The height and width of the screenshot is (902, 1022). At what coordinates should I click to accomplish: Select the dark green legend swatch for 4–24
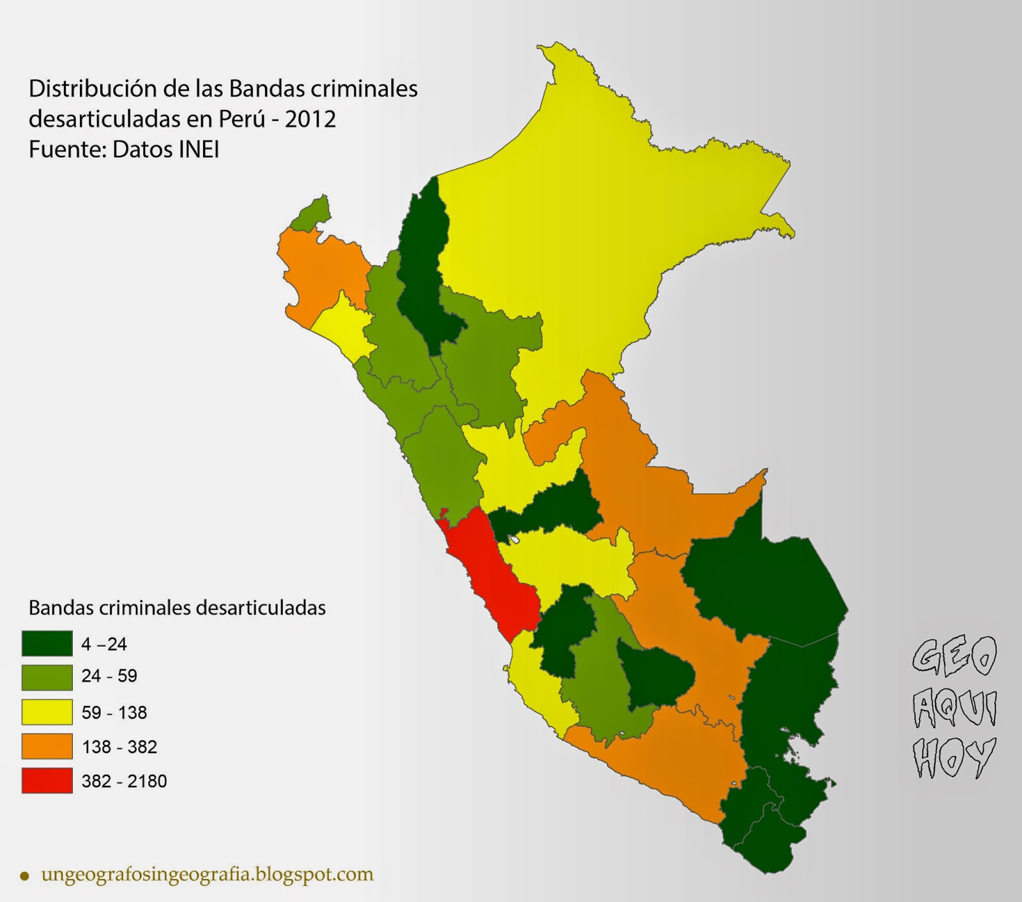pos(47,643)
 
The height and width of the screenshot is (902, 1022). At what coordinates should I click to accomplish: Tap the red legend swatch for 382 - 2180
pos(47,781)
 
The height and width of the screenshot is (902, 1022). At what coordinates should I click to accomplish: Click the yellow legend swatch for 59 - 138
pos(47,712)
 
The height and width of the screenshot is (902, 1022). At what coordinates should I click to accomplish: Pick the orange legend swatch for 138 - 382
pos(47,746)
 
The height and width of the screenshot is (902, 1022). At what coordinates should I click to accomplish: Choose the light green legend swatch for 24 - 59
pos(47,677)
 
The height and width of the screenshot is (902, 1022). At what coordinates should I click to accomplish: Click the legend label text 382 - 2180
pos(124,781)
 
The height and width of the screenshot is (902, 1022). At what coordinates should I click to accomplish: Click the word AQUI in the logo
pos(954,708)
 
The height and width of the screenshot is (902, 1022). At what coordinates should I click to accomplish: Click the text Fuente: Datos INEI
pos(124,149)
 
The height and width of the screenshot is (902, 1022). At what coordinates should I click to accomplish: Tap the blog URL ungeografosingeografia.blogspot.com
pos(207,874)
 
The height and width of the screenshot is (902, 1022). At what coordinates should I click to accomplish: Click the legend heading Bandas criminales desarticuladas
pos(177,608)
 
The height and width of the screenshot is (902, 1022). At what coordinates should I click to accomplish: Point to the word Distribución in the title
pos(93,89)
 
